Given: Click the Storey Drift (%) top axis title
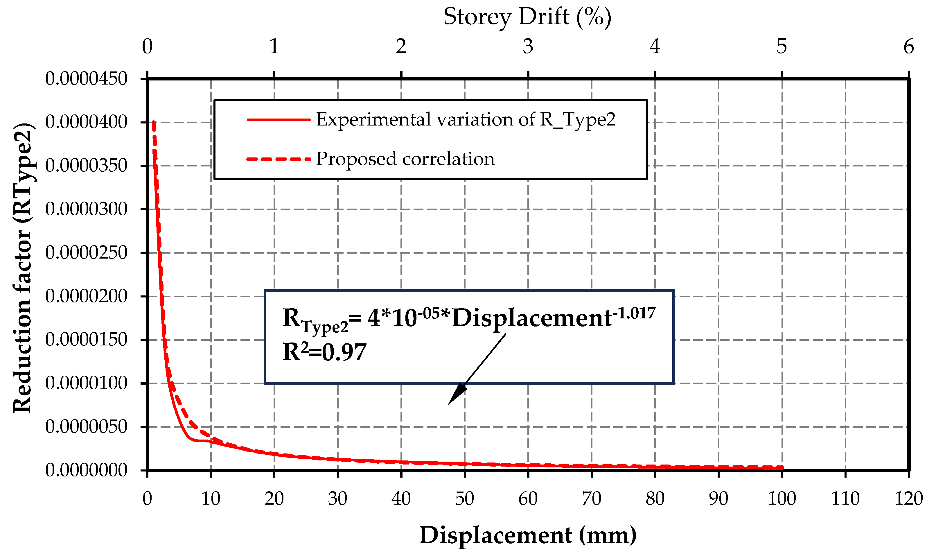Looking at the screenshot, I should click(x=527, y=17).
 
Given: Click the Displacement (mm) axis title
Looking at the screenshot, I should click(x=528, y=535).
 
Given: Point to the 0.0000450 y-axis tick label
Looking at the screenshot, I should click(x=86, y=79).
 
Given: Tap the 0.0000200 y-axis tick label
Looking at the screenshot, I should click(x=86, y=296).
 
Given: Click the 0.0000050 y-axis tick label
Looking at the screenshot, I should click(x=86, y=427).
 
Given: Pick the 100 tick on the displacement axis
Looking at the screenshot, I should click(x=782, y=499).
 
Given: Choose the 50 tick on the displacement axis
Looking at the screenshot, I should click(x=464, y=499).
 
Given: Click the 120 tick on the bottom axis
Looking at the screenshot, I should click(x=908, y=499).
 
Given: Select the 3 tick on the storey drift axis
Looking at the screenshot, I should click(x=528, y=47).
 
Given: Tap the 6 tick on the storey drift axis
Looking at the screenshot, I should click(x=908, y=47).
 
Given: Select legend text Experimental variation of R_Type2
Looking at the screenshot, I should click(x=466, y=120).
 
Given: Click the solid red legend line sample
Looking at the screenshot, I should click(x=279, y=120).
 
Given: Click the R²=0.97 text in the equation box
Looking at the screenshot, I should click(x=324, y=352).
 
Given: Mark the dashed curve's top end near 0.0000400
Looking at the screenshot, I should click(x=154, y=122).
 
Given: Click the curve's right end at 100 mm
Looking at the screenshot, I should click(x=782, y=467).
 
